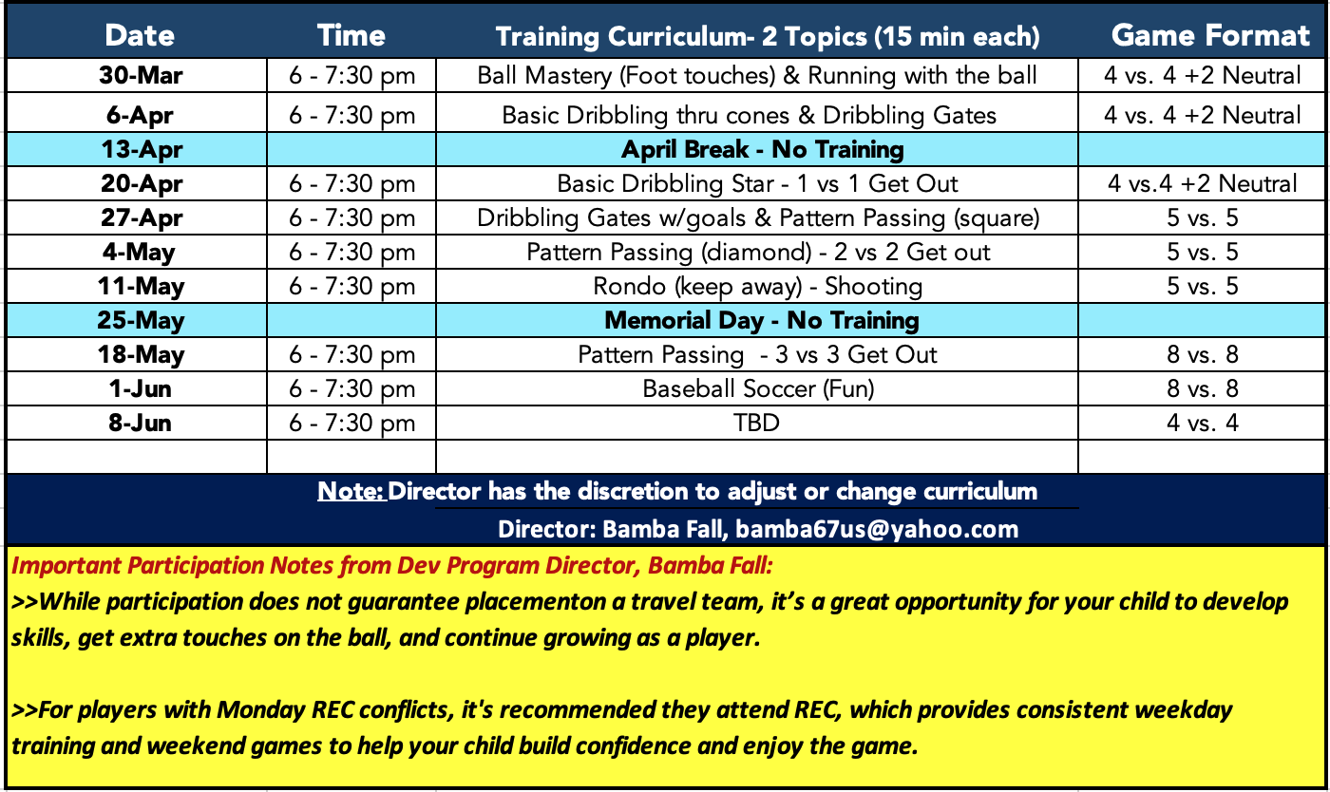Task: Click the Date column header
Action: [x=140, y=36]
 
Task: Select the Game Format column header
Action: [x=1210, y=36]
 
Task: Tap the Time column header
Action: [x=351, y=36]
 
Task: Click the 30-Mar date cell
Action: [x=141, y=75]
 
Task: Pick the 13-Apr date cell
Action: [x=142, y=149]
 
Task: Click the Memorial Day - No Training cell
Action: [x=762, y=321]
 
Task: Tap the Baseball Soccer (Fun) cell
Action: [x=758, y=388]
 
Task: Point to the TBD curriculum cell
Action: [x=756, y=423]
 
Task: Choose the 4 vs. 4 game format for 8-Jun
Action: [x=1203, y=423]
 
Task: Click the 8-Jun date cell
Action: [x=141, y=423]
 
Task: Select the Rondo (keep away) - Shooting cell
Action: [x=758, y=287]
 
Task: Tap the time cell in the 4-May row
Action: [x=351, y=253]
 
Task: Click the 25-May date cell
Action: [x=141, y=321]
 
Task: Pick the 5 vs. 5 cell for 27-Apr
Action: [x=1203, y=217]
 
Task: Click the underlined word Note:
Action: [x=351, y=491]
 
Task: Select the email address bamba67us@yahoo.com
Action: [x=877, y=529]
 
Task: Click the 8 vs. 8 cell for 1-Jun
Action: [x=1203, y=388]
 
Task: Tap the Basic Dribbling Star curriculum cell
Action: [x=757, y=184]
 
